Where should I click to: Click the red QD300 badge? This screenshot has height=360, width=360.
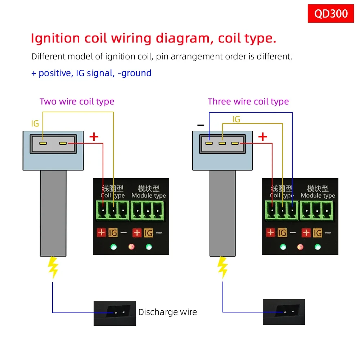331,14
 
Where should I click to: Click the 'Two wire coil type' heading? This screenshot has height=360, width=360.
77,102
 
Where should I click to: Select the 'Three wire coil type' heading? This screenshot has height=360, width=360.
248,102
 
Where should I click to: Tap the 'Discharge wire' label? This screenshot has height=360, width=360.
167,312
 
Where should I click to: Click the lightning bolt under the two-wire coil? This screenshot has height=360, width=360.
53,267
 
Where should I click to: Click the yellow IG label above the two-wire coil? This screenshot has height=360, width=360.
35,124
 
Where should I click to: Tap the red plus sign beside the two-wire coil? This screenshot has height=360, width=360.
94,136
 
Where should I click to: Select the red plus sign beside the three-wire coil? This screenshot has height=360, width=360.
263,136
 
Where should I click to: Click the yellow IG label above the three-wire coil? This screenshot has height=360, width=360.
236,119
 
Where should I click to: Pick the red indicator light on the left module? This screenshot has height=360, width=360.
131,247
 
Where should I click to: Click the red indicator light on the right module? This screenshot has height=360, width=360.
300,247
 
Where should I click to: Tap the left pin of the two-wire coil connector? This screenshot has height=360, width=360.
43,143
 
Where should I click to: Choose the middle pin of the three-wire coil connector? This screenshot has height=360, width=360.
222,143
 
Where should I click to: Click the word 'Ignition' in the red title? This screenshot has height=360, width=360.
55,38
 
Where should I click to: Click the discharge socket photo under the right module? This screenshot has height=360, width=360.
284,312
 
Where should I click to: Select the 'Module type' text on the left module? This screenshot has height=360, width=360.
149,195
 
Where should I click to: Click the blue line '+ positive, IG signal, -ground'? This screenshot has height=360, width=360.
91,73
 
